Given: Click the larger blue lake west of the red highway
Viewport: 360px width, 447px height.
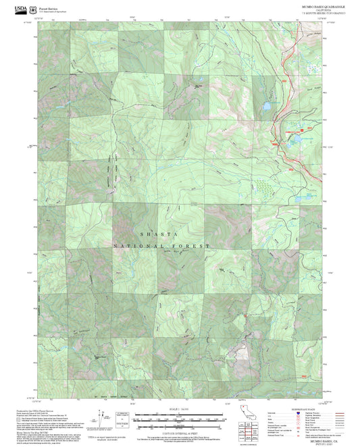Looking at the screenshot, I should pyautogui.click(x=267, y=107).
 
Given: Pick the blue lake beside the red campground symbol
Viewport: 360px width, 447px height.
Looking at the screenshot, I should pyautogui.click(x=295, y=140).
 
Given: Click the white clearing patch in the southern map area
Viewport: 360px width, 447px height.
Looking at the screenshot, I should pyautogui.click(x=238, y=350).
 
